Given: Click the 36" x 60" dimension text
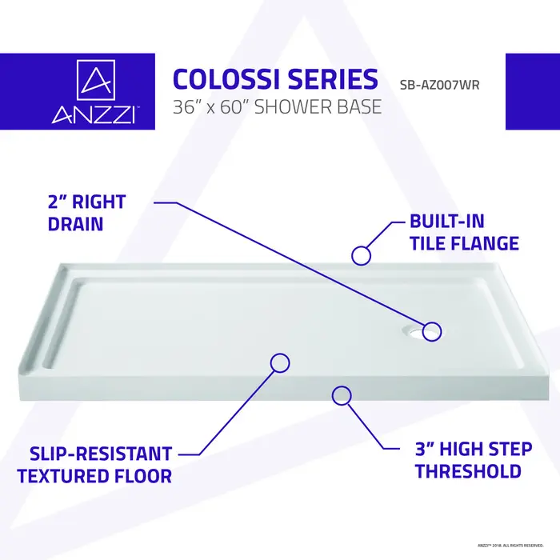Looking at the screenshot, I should coord(213,107).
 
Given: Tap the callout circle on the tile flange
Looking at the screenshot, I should coord(362,255).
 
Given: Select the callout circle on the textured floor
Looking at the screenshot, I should coord(280,362).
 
